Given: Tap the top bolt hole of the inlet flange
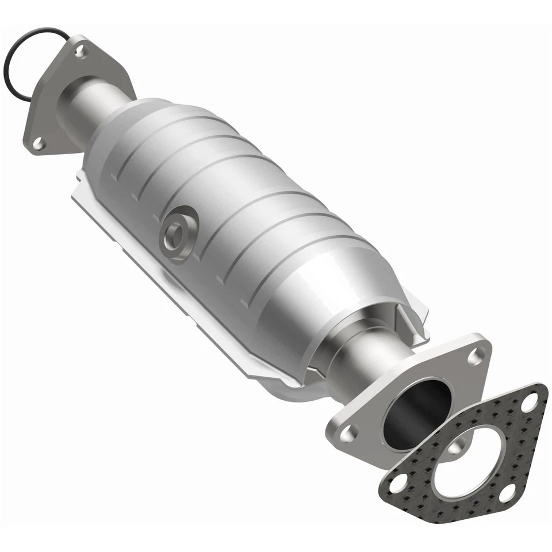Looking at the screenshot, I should tap(80, 52).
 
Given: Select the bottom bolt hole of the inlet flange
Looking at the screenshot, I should tap(39, 143).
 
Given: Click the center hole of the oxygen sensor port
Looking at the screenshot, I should tap(175, 232).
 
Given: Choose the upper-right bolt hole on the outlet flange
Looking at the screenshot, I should tap(475, 356).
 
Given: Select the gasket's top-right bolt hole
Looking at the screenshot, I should tap(530, 401).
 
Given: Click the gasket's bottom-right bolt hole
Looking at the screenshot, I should tap(507, 492).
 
